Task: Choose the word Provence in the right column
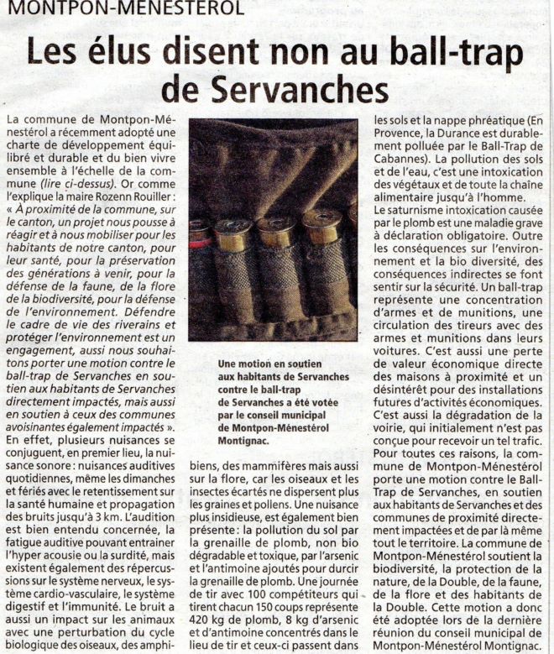[400, 133]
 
